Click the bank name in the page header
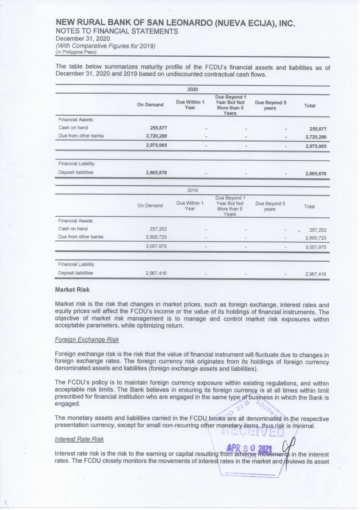coord(175,23)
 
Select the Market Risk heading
coord(72,290)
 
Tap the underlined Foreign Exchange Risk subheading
coord(87,340)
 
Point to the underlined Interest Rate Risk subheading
coord(79,439)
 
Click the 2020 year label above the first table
coord(192,89)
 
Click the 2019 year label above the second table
coord(192,190)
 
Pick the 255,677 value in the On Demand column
coord(158,128)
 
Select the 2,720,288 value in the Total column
coord(316,137)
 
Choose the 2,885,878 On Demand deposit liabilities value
coord(156,173)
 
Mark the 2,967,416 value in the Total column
coord(316,274)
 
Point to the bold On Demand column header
coord(150,105)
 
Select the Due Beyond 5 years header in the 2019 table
coord(270,206)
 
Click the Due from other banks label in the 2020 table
coord(81,136)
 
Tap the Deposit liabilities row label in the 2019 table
coord(75,273)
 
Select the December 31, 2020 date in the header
coord(83,39)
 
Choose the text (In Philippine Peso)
coord(76,52)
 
